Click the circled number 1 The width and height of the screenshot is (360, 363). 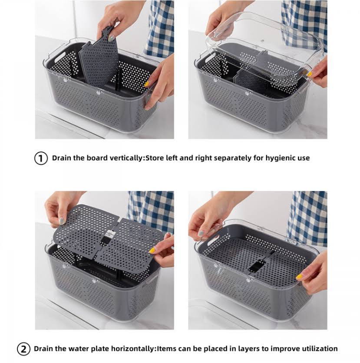41,158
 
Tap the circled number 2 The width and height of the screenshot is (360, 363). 23,349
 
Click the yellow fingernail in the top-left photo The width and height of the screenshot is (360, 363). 147,84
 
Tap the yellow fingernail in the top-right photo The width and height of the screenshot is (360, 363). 309,74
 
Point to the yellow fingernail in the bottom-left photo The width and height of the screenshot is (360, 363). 152,250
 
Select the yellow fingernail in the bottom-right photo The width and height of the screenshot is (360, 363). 299,276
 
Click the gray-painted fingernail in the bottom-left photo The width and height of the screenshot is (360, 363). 62,221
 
